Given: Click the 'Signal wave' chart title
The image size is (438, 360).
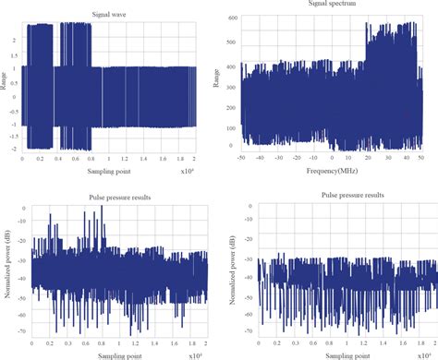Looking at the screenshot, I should coord(109,14).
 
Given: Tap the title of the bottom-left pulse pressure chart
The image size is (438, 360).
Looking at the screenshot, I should coord(108,196).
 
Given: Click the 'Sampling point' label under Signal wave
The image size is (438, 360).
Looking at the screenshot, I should coord(108,171).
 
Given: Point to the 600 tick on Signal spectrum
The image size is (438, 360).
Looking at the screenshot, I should coord(232,18).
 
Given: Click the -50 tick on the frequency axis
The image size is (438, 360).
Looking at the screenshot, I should coord(241,159).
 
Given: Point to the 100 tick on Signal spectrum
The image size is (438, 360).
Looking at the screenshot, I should coord(232,128).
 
